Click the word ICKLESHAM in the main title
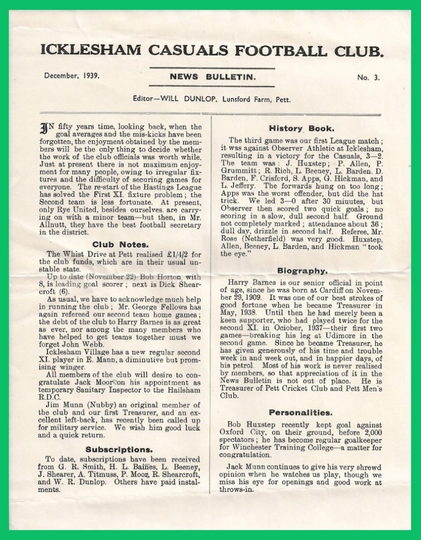[x=91, y=51]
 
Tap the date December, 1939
[x=72, y=76]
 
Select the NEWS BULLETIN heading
[x=212, y=77]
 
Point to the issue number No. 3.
[x=368, y=78]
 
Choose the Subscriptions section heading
[x=119, y=449]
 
